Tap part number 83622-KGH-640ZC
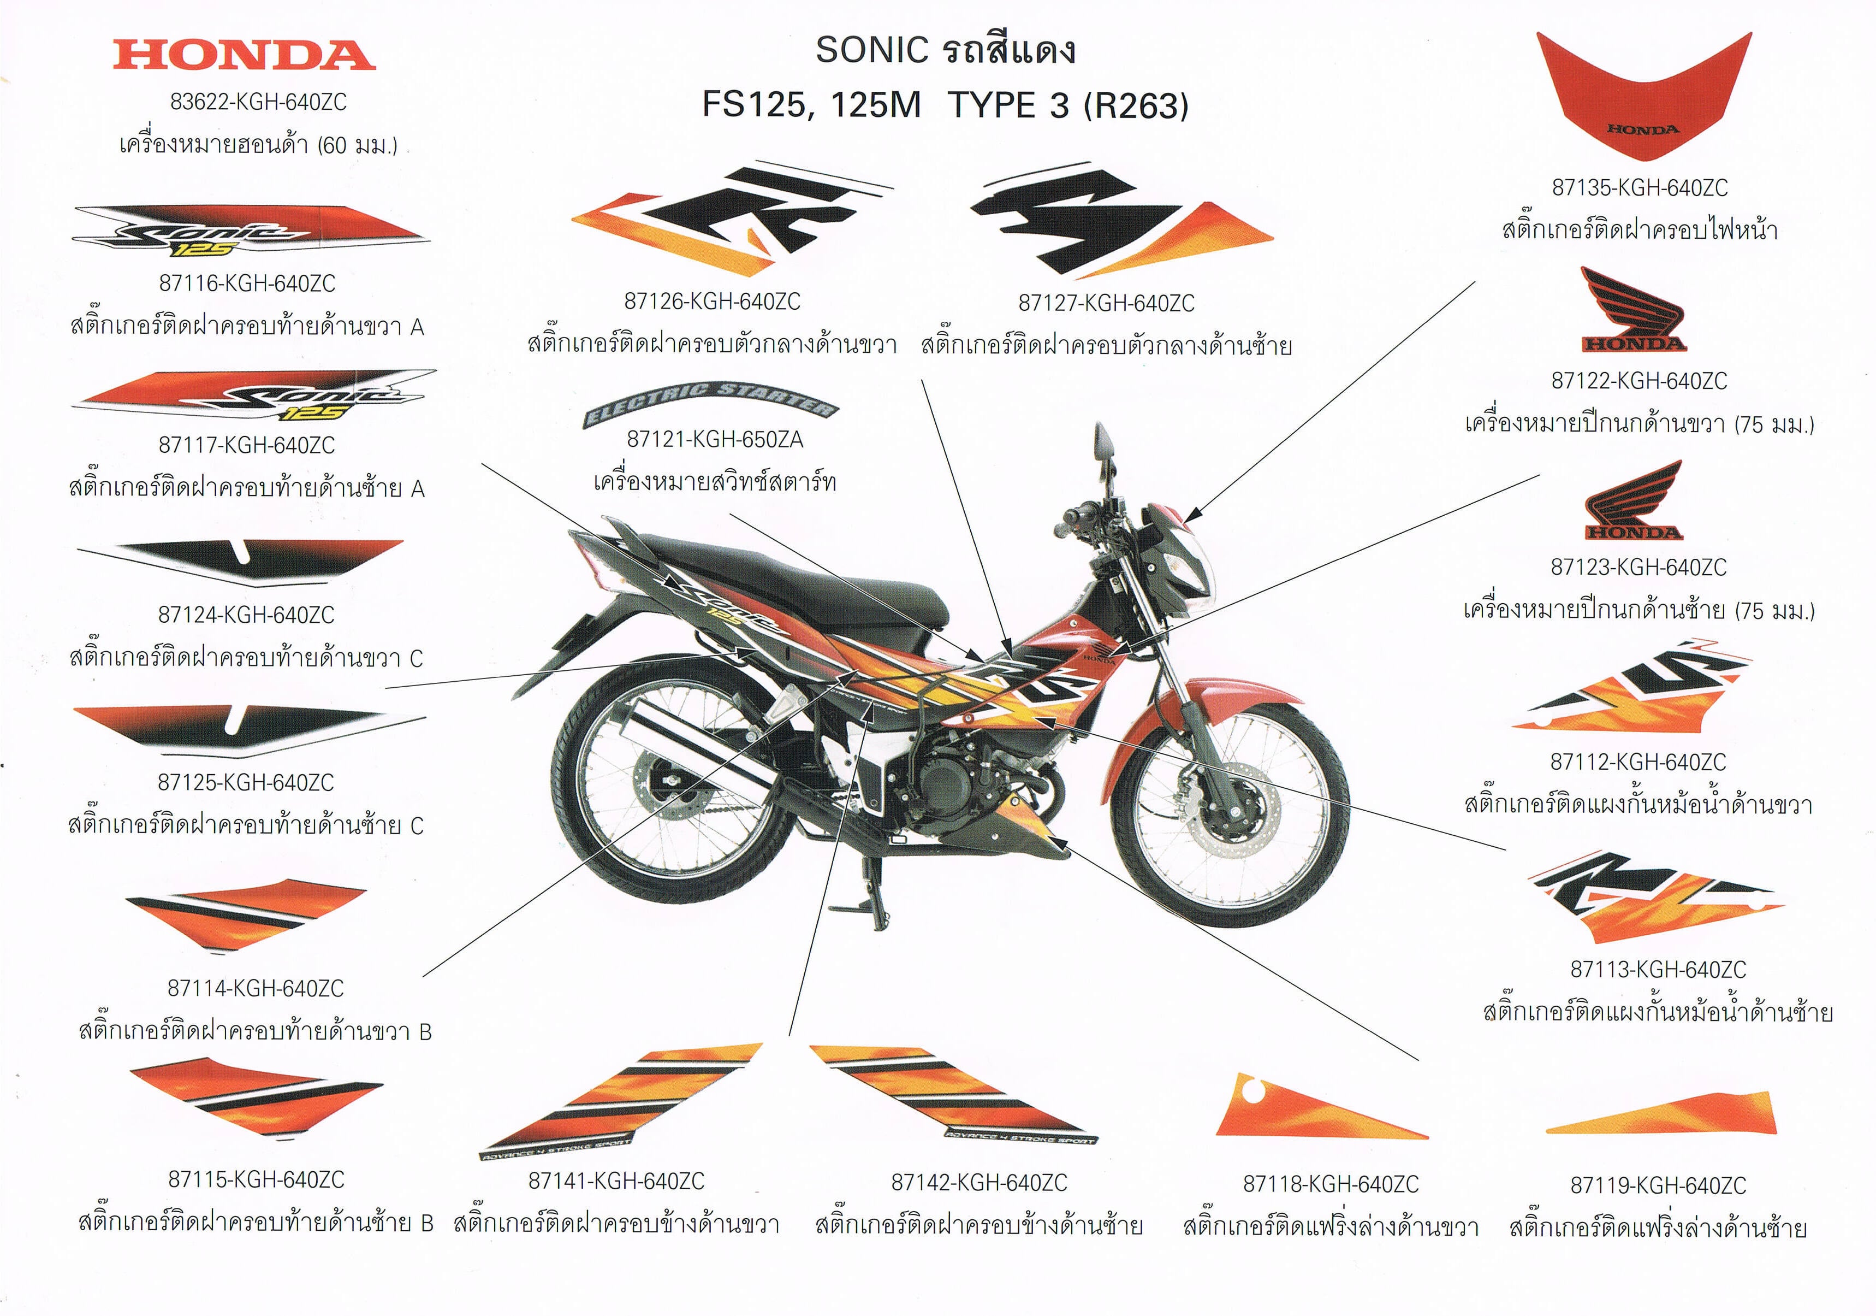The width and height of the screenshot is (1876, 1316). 258,102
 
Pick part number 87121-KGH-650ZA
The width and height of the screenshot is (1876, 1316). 714,440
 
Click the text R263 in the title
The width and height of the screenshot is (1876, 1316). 1137,107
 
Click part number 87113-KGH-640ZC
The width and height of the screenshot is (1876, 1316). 1658,970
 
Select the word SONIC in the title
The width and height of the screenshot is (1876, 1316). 872,51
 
